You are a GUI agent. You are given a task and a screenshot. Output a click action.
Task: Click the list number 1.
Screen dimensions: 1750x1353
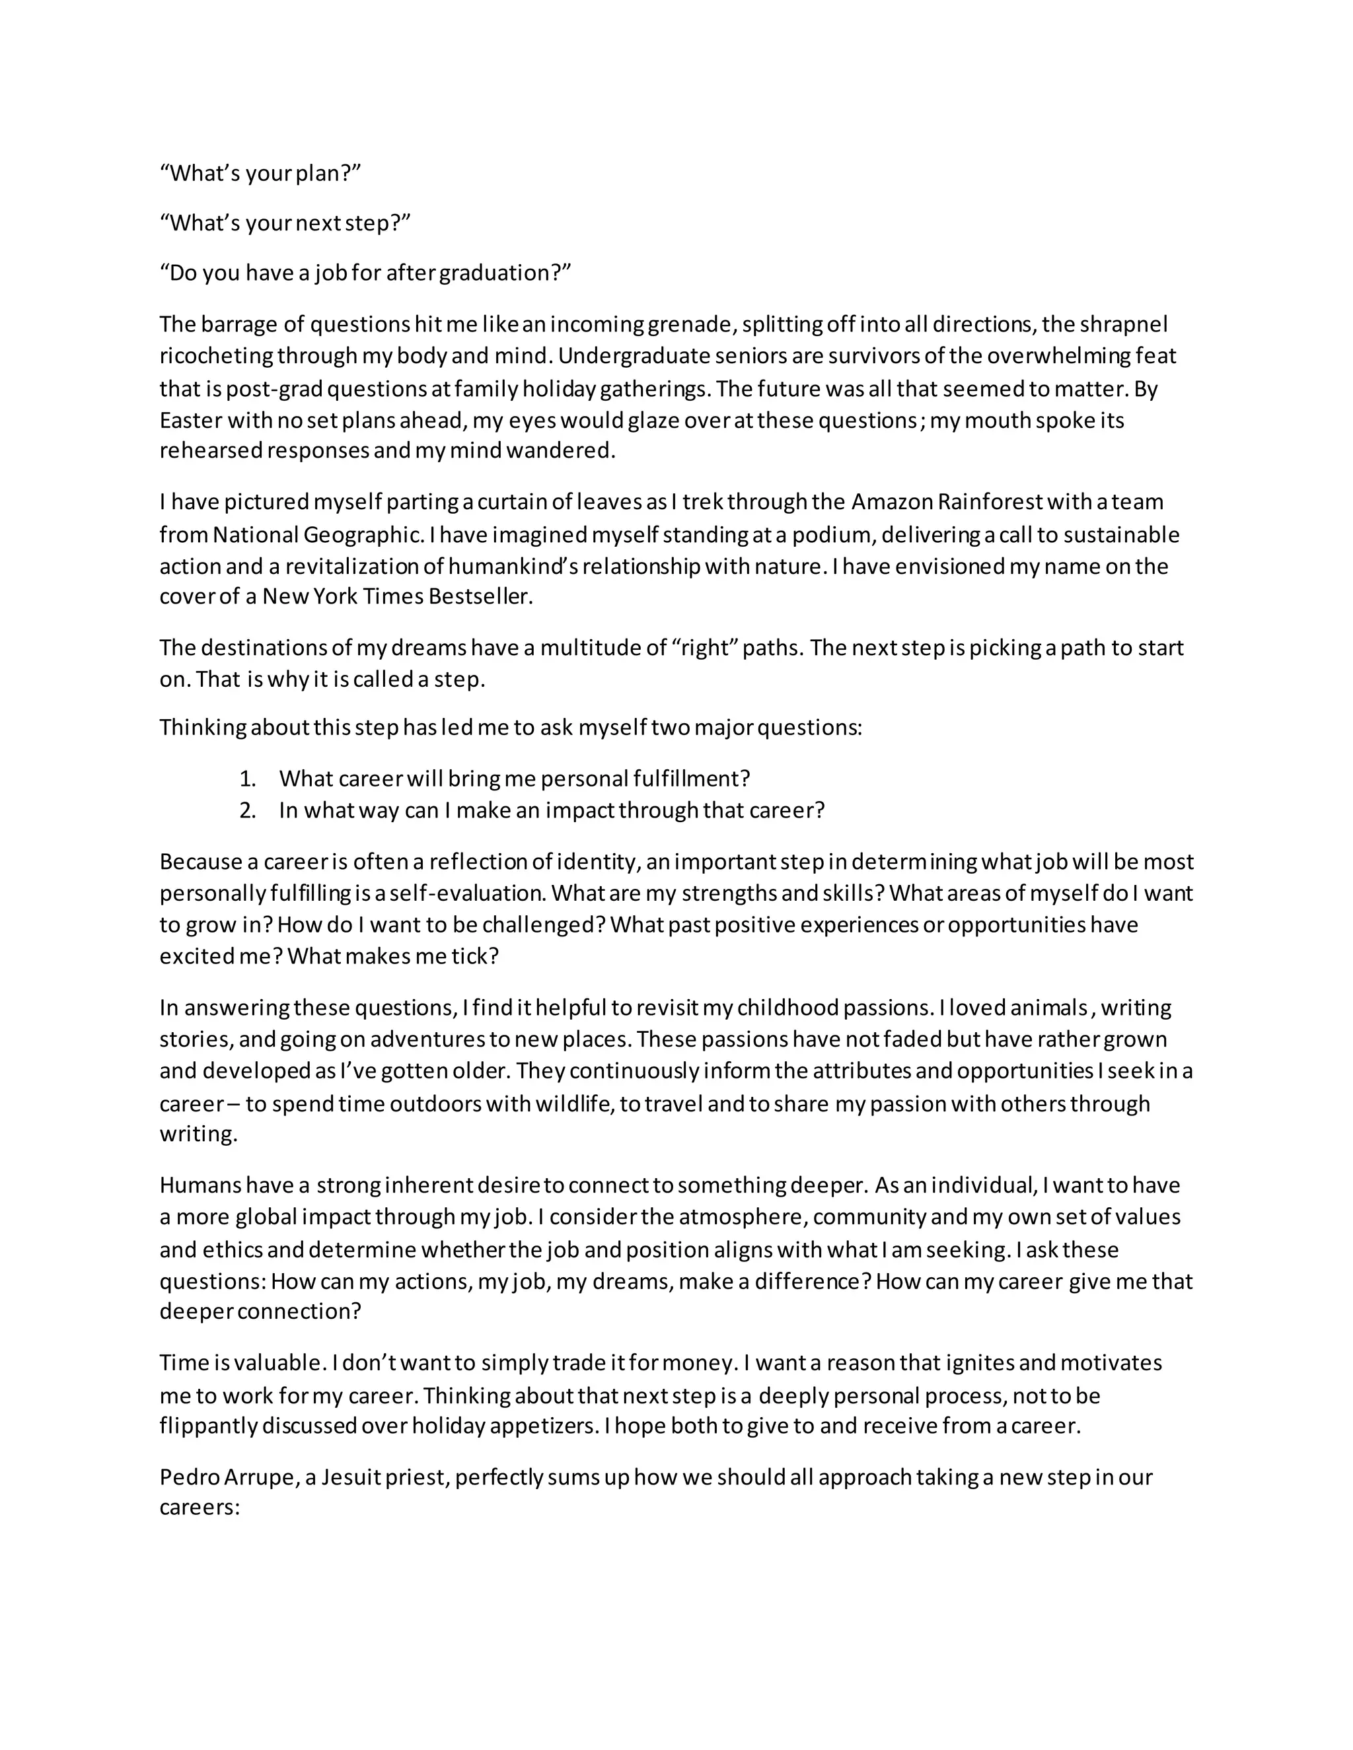click(x=247, y=778)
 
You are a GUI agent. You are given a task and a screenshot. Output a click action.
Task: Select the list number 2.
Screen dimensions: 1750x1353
click(x=247, y=810)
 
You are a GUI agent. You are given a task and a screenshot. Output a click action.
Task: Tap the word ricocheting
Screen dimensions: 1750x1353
click(x=215, y=356)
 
